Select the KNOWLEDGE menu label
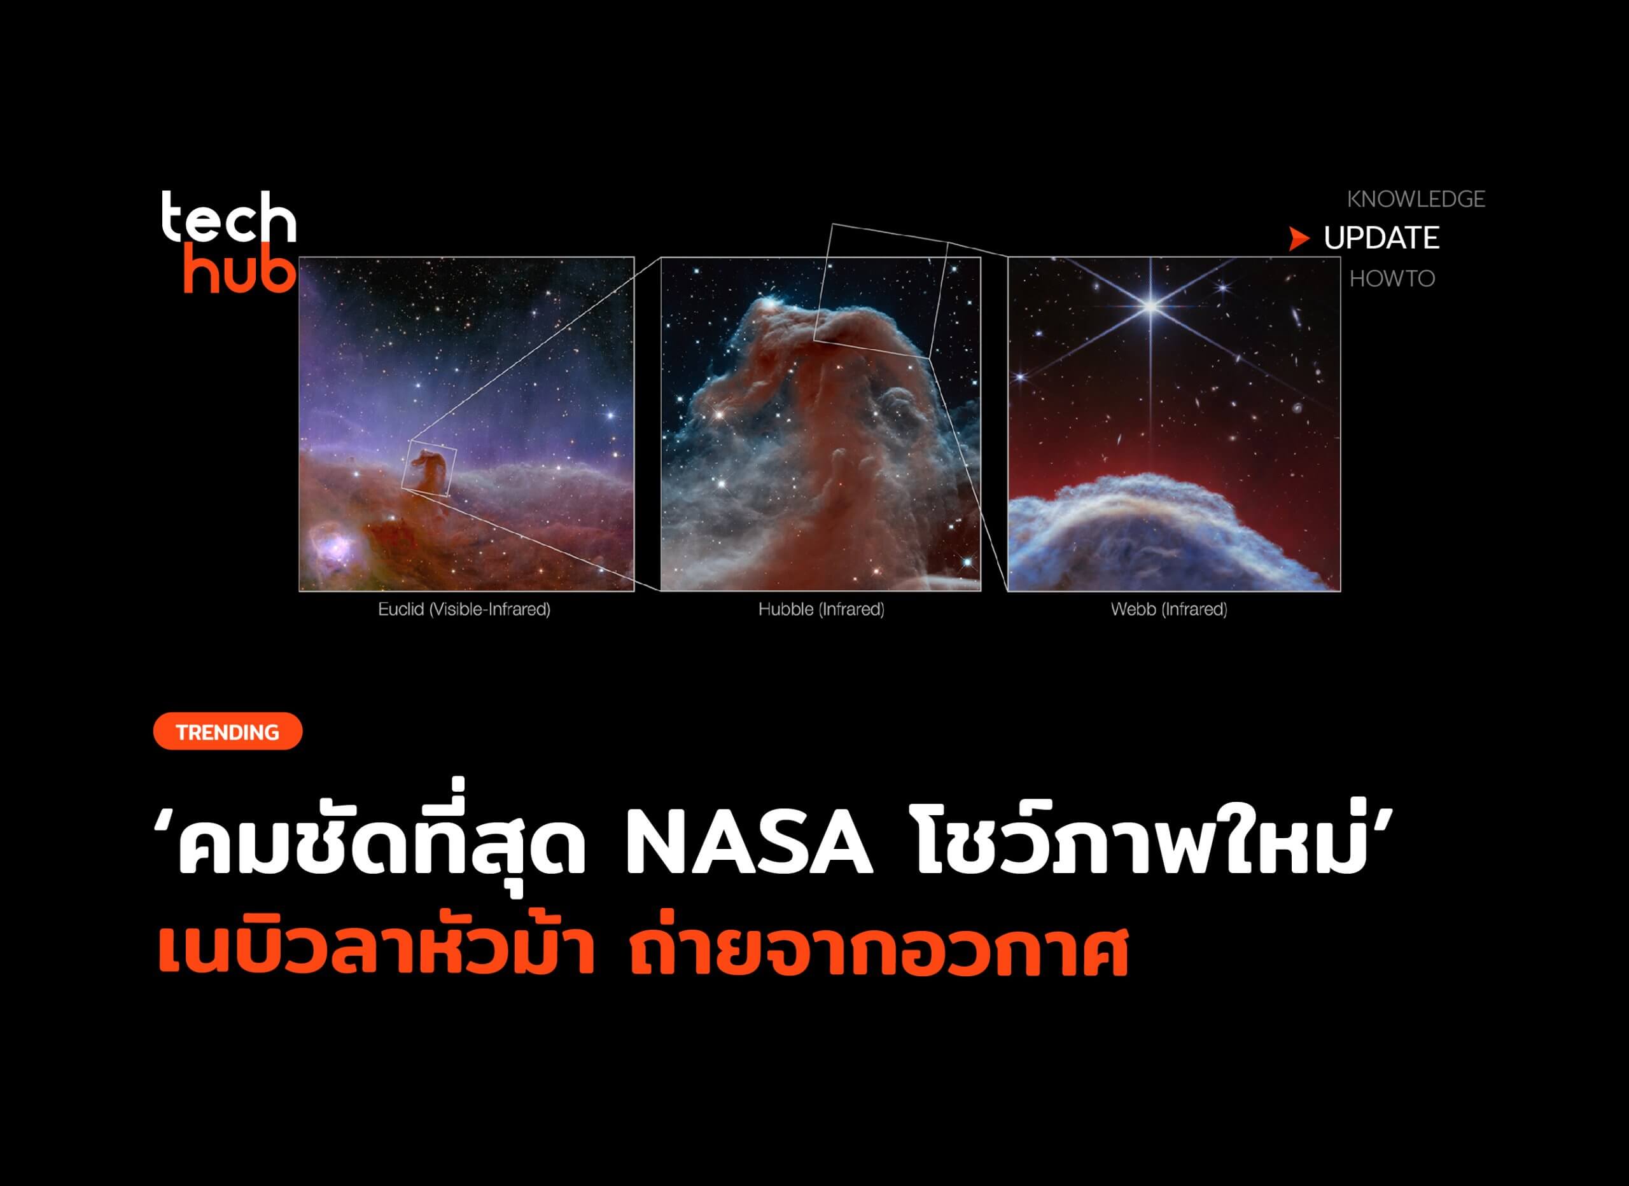click(x=1416, y=199)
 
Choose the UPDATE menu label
click(x=1381, y=238)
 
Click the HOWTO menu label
click(x=1392, y=279)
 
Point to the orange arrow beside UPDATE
click(x=1299, y=238)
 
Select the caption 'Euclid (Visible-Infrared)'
click(x=464, y=609)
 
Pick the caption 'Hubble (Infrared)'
click(x=821, y=609)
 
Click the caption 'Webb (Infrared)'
click(x=1168, y=609)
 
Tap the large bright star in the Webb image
click(x=1150, y=307)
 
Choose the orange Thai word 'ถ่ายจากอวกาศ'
click(x=879, y=951)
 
